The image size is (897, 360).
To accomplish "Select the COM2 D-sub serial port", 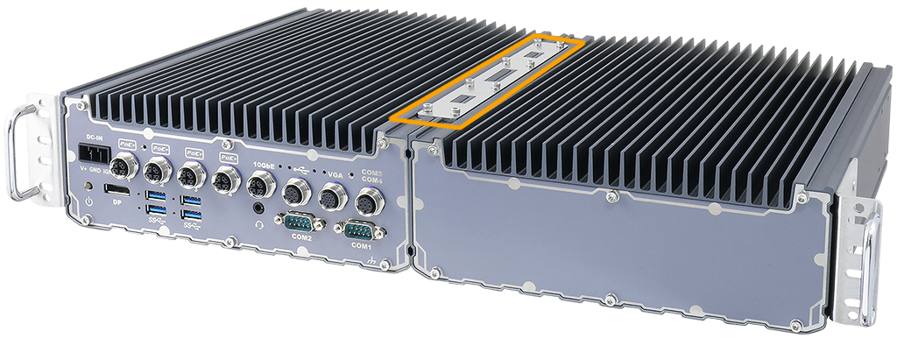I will coord(300,222).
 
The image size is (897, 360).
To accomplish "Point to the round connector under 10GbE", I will coord(260,183).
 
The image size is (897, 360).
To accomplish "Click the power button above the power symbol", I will coord(88,187).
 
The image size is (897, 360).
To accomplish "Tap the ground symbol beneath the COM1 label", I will coord(372,262).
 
